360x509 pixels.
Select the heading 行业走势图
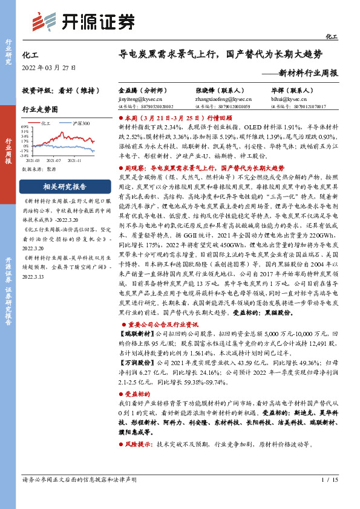click(x=40, y=109)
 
